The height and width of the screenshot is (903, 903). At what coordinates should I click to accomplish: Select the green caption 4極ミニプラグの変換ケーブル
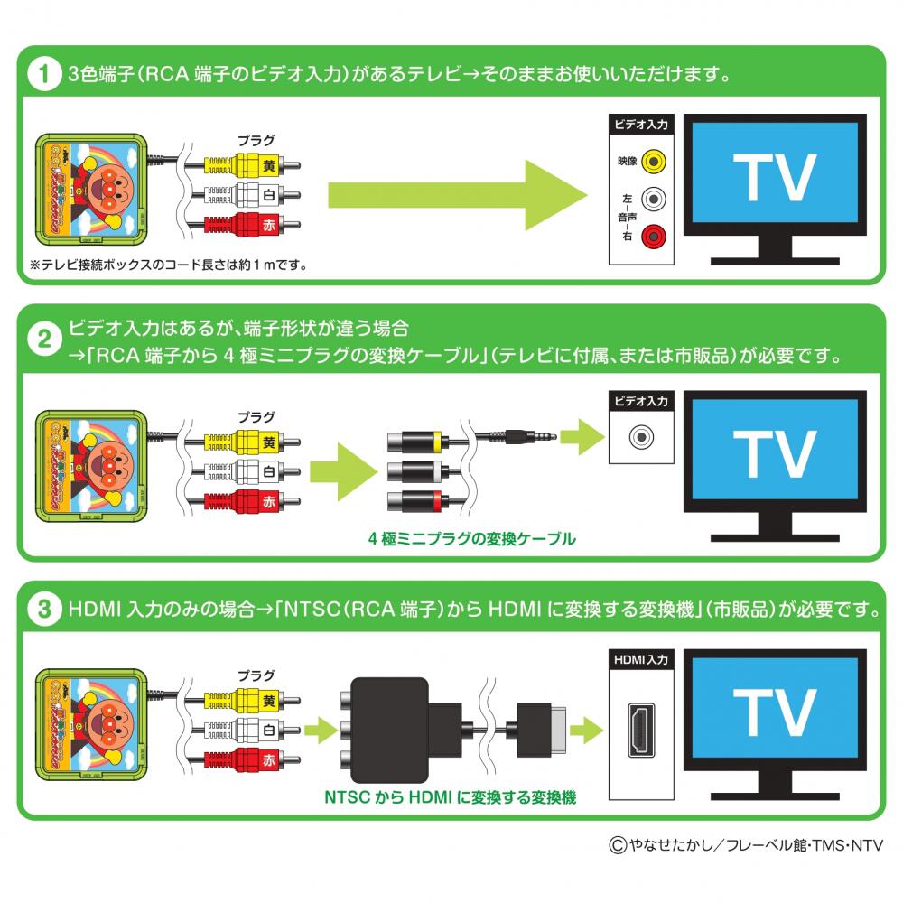pos(471,539)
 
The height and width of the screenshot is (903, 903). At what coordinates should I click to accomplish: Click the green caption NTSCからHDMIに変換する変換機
pos(450,797)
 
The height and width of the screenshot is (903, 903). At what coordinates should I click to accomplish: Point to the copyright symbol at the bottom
pos(617,846)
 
